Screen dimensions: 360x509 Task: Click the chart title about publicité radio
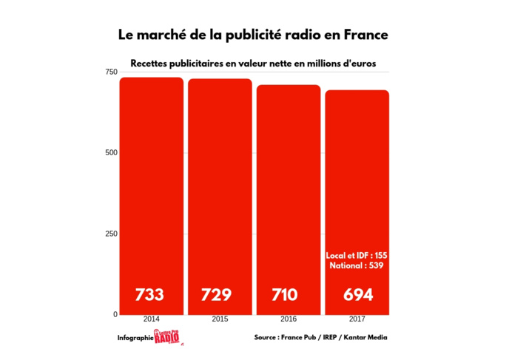pyautogui.click(x=253, y=35)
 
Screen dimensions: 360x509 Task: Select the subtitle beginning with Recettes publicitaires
pyautogui.click(x=253, y=64)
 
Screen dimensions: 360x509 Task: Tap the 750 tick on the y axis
pyautogui.click(x=110, y=72)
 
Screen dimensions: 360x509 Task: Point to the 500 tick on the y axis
pyautogui.click(x=110, y=153)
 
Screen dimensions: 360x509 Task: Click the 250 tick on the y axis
pyautogui.click(x=110, y=234)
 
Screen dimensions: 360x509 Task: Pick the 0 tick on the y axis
pyautogui.click(x=115, y=315)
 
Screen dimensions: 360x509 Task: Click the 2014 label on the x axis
pyautogui.click(x=152, y=320)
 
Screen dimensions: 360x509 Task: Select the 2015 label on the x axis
pyautogui.click(x=220, y=320)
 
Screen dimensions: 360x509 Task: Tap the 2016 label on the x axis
pyautogui.click(x=289, y=320)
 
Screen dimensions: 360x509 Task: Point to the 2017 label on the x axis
pyautogui.click(x=357, y=320)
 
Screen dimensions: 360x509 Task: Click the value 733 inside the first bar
pyautogui.click(x=149, y=295)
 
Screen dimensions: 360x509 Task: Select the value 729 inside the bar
pyautogui.click(x=217, y=295)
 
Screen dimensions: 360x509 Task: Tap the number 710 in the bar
pyautogui.click(x=285, y=295)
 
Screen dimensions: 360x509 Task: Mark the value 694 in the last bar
pyautogui.click(x=358, y=295)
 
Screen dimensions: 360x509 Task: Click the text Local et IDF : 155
pyautogui.click(x=357, y=255)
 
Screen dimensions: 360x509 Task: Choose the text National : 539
pyautogui.click(x=357, y=265)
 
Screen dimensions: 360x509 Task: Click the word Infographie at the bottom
pyautogui.click(x=135, y=339)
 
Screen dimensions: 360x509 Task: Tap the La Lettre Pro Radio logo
pyautogui.click(x=167, y=338)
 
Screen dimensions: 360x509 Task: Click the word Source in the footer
pyautogui.click(x=266, y=338)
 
